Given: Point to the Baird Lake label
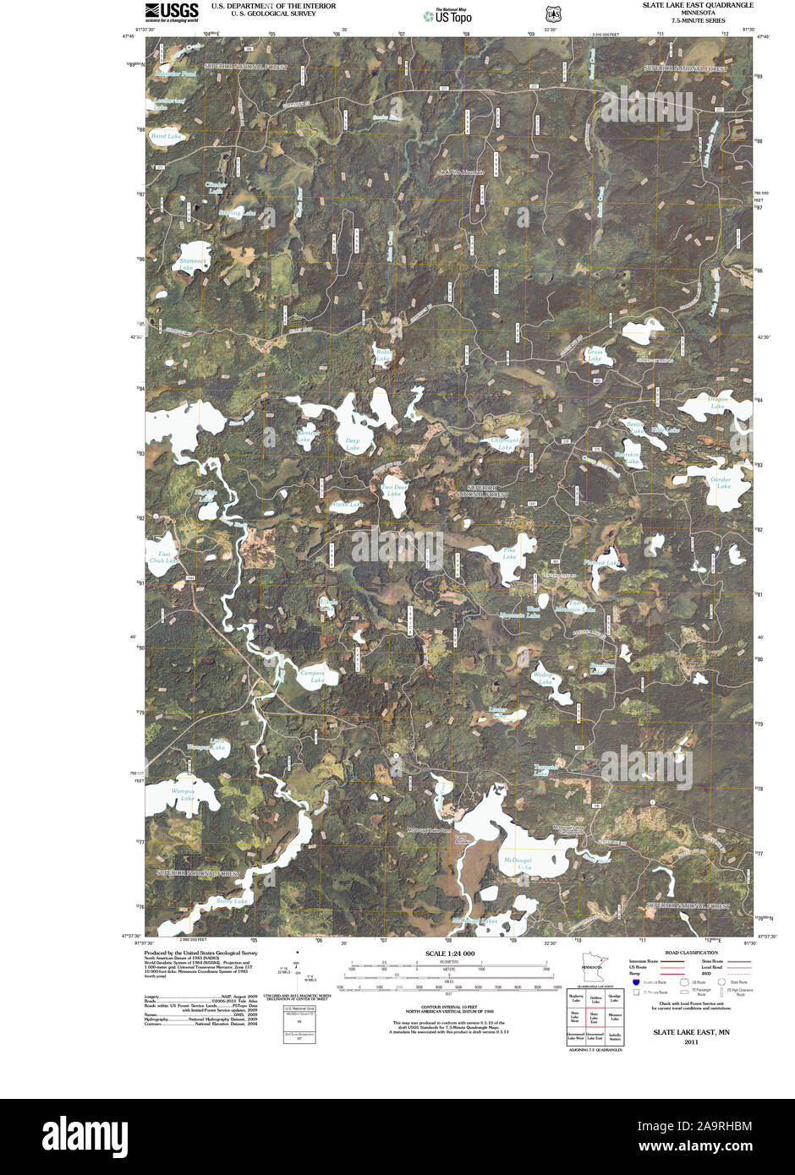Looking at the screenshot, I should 166,136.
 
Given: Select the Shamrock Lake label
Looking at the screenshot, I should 193,265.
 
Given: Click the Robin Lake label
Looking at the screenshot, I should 383,355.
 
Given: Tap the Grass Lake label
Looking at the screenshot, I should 595,355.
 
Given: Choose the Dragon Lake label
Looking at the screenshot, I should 717,402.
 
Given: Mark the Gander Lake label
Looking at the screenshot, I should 721,484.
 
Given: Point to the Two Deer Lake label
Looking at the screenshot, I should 394,490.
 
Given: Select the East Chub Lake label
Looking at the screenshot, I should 164,558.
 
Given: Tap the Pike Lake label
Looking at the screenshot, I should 509,554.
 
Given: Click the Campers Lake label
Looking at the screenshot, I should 313,676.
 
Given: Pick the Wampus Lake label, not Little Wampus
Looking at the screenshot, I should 184,795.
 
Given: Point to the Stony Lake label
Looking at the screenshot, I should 231,901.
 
